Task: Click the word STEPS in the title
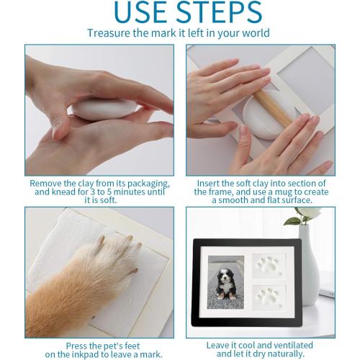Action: tap(220, 12)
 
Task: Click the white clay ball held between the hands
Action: tap(104, 109)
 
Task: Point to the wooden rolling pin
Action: tap(273, 107)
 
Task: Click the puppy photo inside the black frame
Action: tap(225, 282)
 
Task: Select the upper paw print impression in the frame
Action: tap(269, 266)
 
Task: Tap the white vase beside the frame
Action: tap(309, 265)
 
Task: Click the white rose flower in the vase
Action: tap(309, 212)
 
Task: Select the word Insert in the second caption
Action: tap(208, 184)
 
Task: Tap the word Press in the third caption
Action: tap(76, 346)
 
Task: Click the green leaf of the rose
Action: tap(291, 221)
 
